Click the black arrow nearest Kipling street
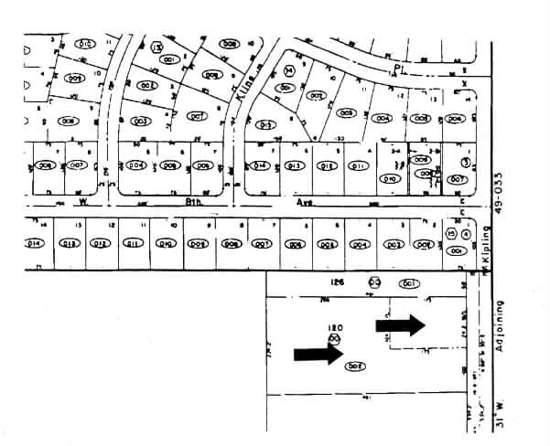pyautogui.click(x=401, y=324)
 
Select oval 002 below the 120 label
pyautogui.click(x=355, y=366)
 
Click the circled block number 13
pyautogui.click(x=157, y=47)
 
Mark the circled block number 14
pyautogui.click(x=289, y=69)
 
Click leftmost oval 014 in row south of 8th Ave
pyautogui.click(x=36, y=243)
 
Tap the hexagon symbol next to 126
pyautogui.click(x=374, y=282)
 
